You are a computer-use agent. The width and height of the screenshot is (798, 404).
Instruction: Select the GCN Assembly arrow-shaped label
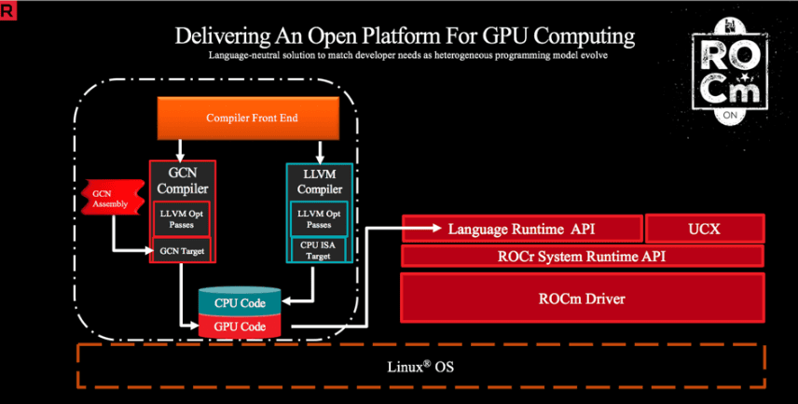[103, 199]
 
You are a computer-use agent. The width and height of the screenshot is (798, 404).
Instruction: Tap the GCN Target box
[181, 249]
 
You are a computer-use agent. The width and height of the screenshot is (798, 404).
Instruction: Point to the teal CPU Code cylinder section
[240, 302]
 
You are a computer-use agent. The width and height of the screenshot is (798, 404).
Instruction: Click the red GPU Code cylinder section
[240, 327]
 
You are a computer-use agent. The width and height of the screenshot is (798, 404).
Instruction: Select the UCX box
[705, 228]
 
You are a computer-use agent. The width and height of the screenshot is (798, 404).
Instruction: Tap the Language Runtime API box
[522, 228]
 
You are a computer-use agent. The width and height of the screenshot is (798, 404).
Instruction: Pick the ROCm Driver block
[583, 300]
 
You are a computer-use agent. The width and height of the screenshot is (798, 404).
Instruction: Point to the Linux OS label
[419, 367]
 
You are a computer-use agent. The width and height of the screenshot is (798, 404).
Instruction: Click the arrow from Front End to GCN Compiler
[180, 148]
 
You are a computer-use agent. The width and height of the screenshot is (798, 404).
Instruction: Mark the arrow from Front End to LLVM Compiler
[320, 149]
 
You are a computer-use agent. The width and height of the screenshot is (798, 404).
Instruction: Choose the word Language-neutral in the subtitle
[246, 56]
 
